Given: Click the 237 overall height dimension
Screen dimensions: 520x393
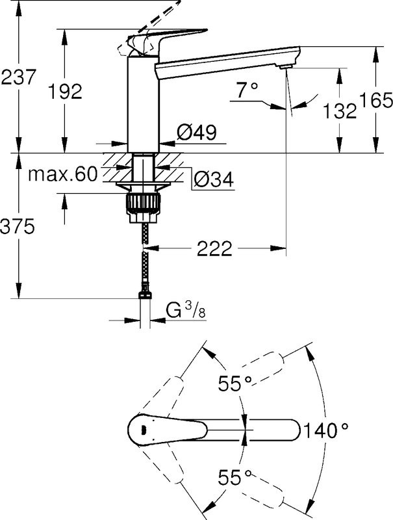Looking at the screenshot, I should [19, 79].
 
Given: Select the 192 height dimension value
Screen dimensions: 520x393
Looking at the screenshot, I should [66, 92].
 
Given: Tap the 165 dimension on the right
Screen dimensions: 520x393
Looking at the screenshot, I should [377, 100].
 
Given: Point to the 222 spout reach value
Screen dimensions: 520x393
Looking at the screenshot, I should [215, 248].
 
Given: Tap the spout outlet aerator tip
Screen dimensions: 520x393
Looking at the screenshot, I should [285, 66].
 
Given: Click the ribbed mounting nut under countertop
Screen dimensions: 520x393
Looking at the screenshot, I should [144, 202].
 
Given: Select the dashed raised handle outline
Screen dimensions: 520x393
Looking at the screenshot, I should [156, 19].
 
